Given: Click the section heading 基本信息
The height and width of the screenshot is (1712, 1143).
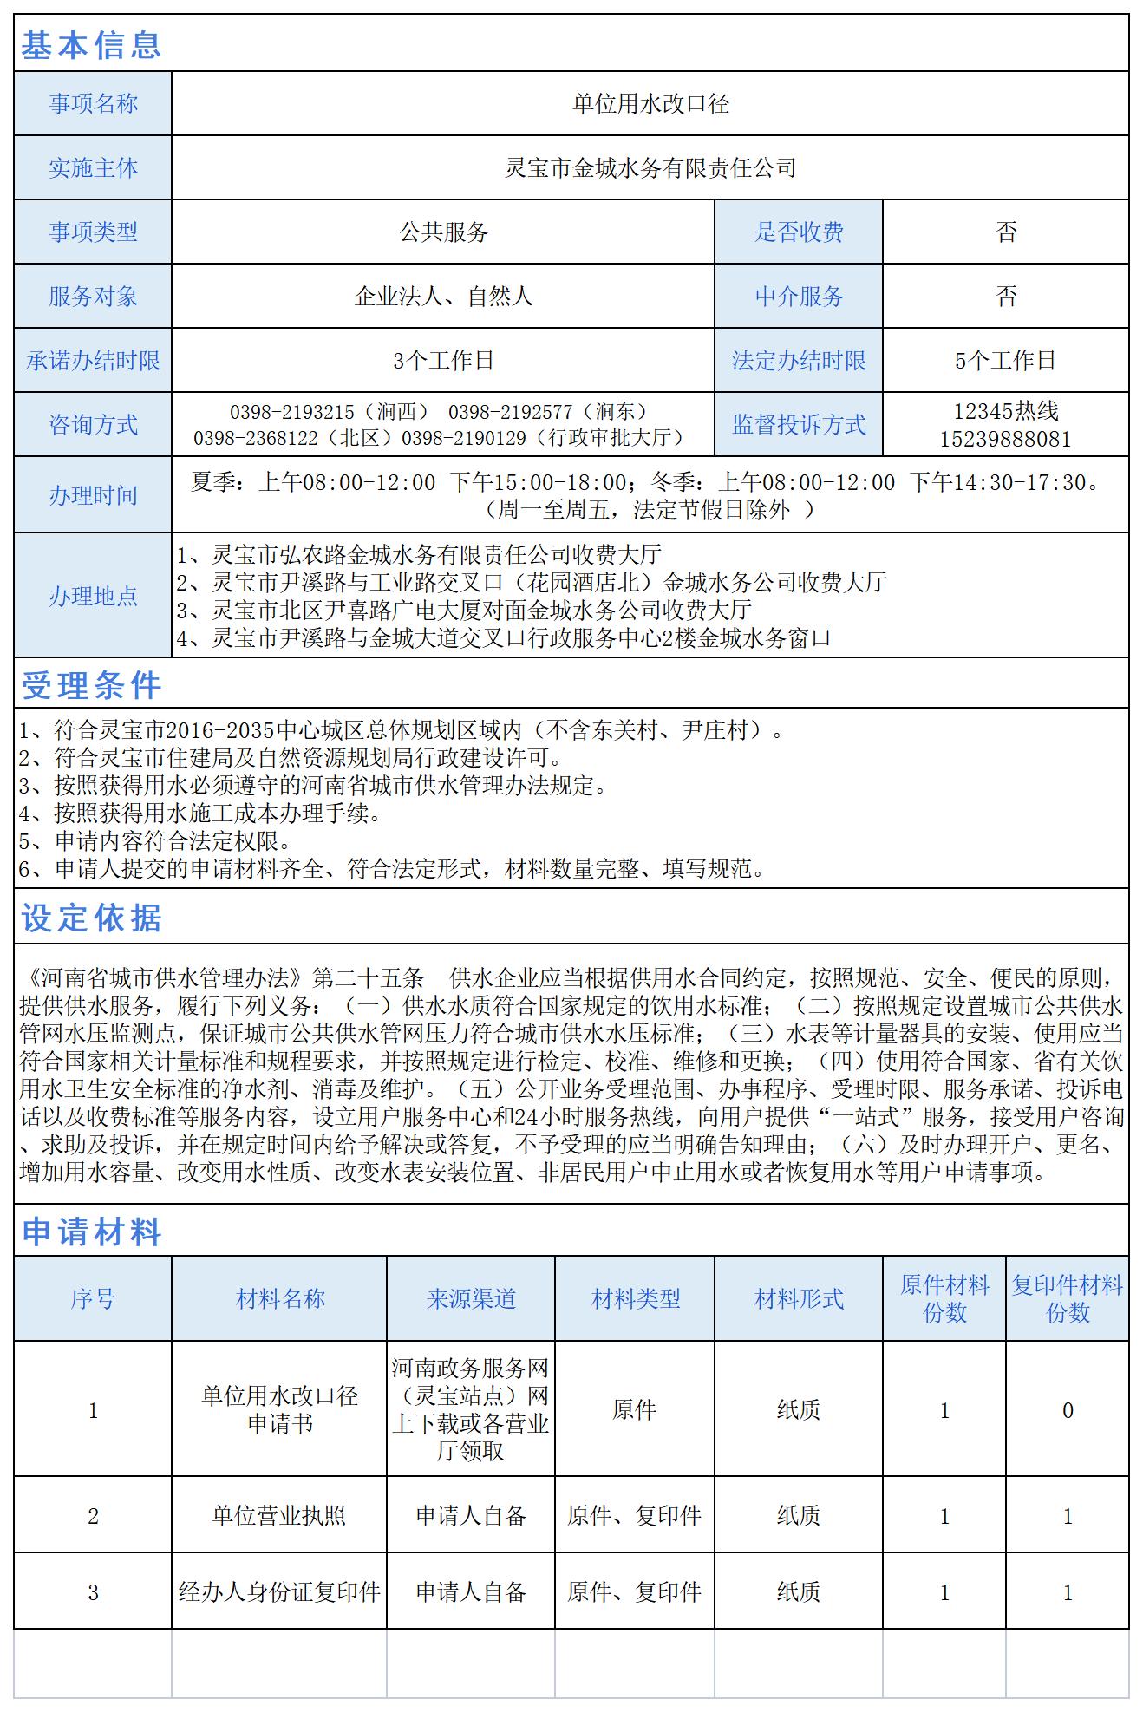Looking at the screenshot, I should (x=91, y=44).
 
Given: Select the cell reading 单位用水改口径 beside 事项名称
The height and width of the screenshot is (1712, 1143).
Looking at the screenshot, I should (x=650, y=104).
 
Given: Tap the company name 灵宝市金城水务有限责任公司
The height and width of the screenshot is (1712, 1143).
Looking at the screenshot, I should (x=650, y=168).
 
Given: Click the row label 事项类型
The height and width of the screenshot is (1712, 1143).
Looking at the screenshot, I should (x=93, y=232).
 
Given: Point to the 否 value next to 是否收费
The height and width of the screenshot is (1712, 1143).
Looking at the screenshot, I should (x=1006, y=232).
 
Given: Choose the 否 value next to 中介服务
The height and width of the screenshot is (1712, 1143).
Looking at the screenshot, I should (x=1006, y=297).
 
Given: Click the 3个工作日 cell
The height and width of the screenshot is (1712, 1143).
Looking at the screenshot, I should (x=443, y=361).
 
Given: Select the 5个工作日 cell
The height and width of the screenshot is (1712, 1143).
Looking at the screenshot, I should (x=1006, y=361).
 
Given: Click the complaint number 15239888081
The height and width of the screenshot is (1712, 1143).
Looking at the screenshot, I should (x=1006, y=439).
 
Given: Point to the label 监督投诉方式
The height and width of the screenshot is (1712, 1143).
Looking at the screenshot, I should (x=799, y=425).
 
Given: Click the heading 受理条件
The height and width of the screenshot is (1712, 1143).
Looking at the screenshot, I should (x=91, y=686).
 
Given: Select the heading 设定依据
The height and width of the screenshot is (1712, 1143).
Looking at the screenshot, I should (x=91, y=918).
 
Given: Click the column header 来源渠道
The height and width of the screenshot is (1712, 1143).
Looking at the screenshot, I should (x=471, y=1298).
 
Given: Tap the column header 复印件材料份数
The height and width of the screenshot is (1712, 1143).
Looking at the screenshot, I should (x=1068, y=1298).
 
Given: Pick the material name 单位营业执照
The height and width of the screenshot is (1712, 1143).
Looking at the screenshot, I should (x=279, y=1515).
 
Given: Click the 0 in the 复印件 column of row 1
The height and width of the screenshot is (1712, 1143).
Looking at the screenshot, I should (x=1068, y=1410).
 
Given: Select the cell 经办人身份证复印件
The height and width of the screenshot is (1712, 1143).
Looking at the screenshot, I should (x=279, y=1591).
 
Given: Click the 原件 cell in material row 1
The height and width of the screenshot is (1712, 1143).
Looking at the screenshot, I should (x=635, y=1410).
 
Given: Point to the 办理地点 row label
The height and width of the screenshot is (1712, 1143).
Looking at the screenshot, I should (x=93, y=596).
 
